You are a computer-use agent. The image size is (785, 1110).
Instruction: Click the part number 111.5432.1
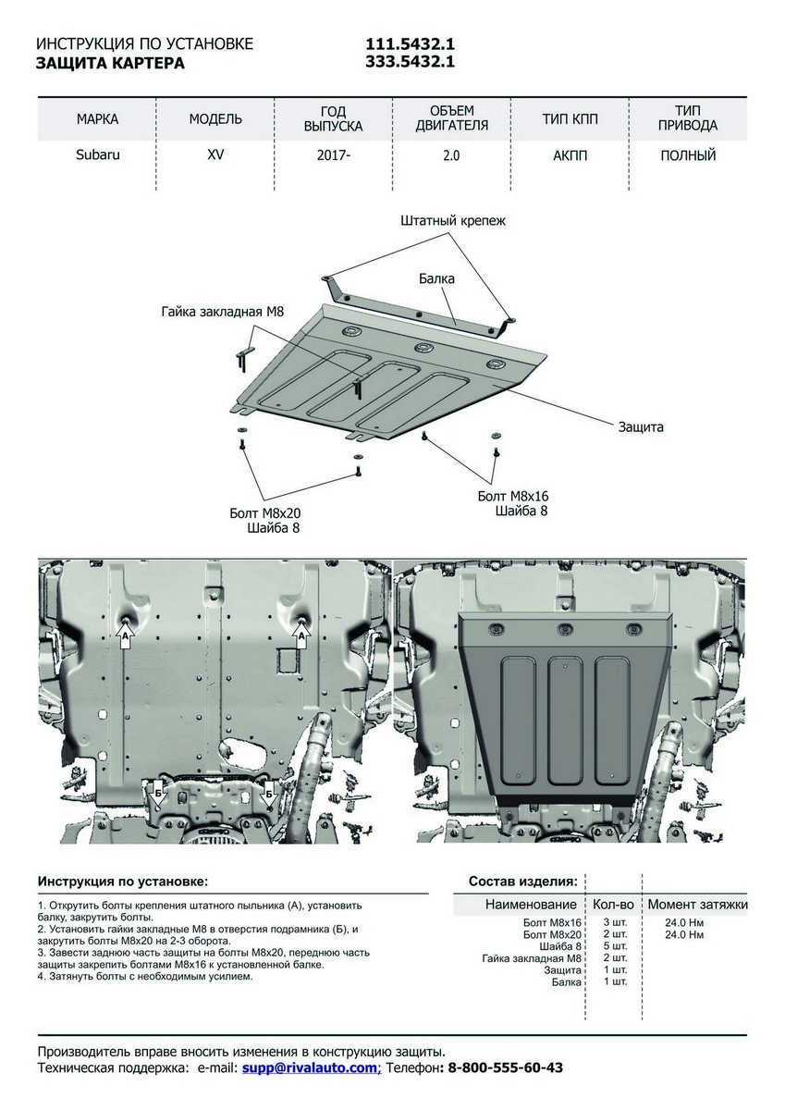(x=411, y=44)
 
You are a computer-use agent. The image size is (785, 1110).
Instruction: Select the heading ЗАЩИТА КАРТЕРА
(x=110, y=63)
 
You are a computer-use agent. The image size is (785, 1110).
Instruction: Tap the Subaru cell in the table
(x=97, y=154)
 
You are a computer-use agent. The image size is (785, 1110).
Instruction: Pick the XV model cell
(x=215, y=154)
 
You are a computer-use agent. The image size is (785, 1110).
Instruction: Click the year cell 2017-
(x=333, y=155)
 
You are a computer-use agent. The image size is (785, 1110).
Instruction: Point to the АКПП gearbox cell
(x=570, y=155)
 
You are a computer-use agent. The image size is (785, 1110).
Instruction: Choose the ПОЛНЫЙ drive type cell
(x=688, y=155)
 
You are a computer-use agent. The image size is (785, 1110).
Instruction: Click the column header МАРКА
(x=97, y=119)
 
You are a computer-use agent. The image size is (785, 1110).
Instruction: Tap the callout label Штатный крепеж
(x=453, y=221)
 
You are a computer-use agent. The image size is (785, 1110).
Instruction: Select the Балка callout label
(x=436, y=277)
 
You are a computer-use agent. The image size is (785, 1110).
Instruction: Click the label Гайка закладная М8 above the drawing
(x=222, y=312)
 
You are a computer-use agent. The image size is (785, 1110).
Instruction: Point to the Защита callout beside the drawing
(x=641, y=427)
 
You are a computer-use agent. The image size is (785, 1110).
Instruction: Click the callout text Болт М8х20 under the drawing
(x=265, y=512)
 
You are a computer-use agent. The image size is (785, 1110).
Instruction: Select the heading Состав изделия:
(x=523, y=881)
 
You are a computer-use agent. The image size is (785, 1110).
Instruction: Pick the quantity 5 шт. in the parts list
(x=614, y=946)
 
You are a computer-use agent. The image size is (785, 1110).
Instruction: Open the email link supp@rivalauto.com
(x=311, y=1067)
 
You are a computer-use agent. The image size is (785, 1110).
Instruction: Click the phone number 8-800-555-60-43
(x=505, y=1067)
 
